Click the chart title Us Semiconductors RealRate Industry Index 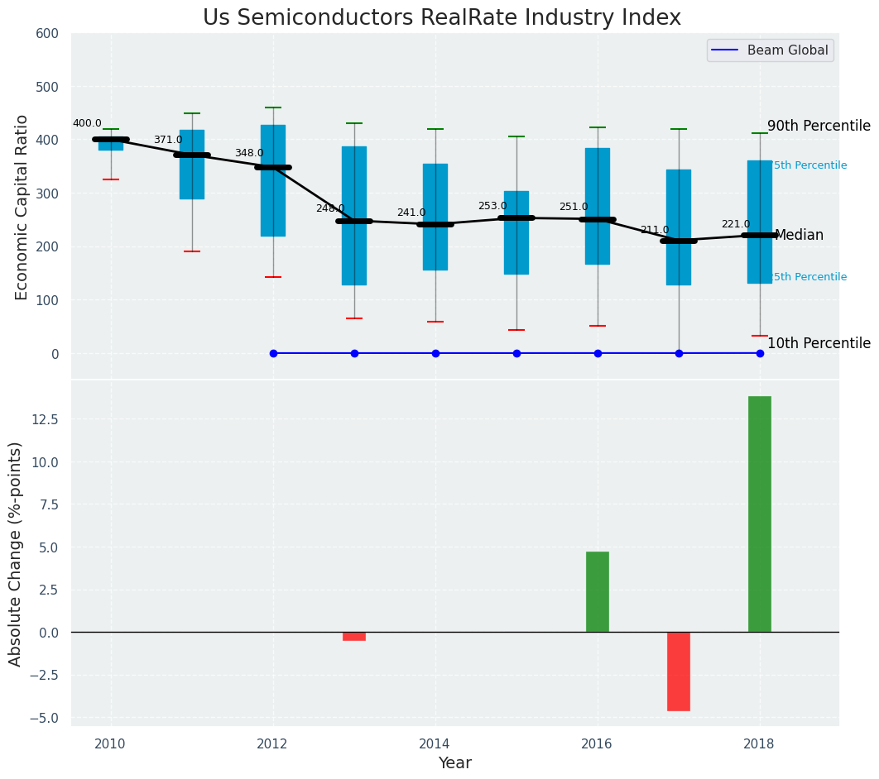point(442,18)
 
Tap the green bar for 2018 point(759,514)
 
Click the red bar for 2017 point(678,671)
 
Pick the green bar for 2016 point(597,591)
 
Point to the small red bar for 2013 point(353,636)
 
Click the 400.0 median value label point(87,123)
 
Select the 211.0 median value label point(654,230)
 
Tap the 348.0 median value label point(249,153)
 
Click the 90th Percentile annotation point(819,126)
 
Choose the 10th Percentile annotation point(819,343)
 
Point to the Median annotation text point(799,235)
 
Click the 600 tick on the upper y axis point(48,33)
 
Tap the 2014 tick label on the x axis point(435,743)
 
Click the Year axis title point(454,763)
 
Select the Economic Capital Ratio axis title point(22,207)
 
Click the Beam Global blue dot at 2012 point(273,353)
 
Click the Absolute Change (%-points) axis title point(16,553)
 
